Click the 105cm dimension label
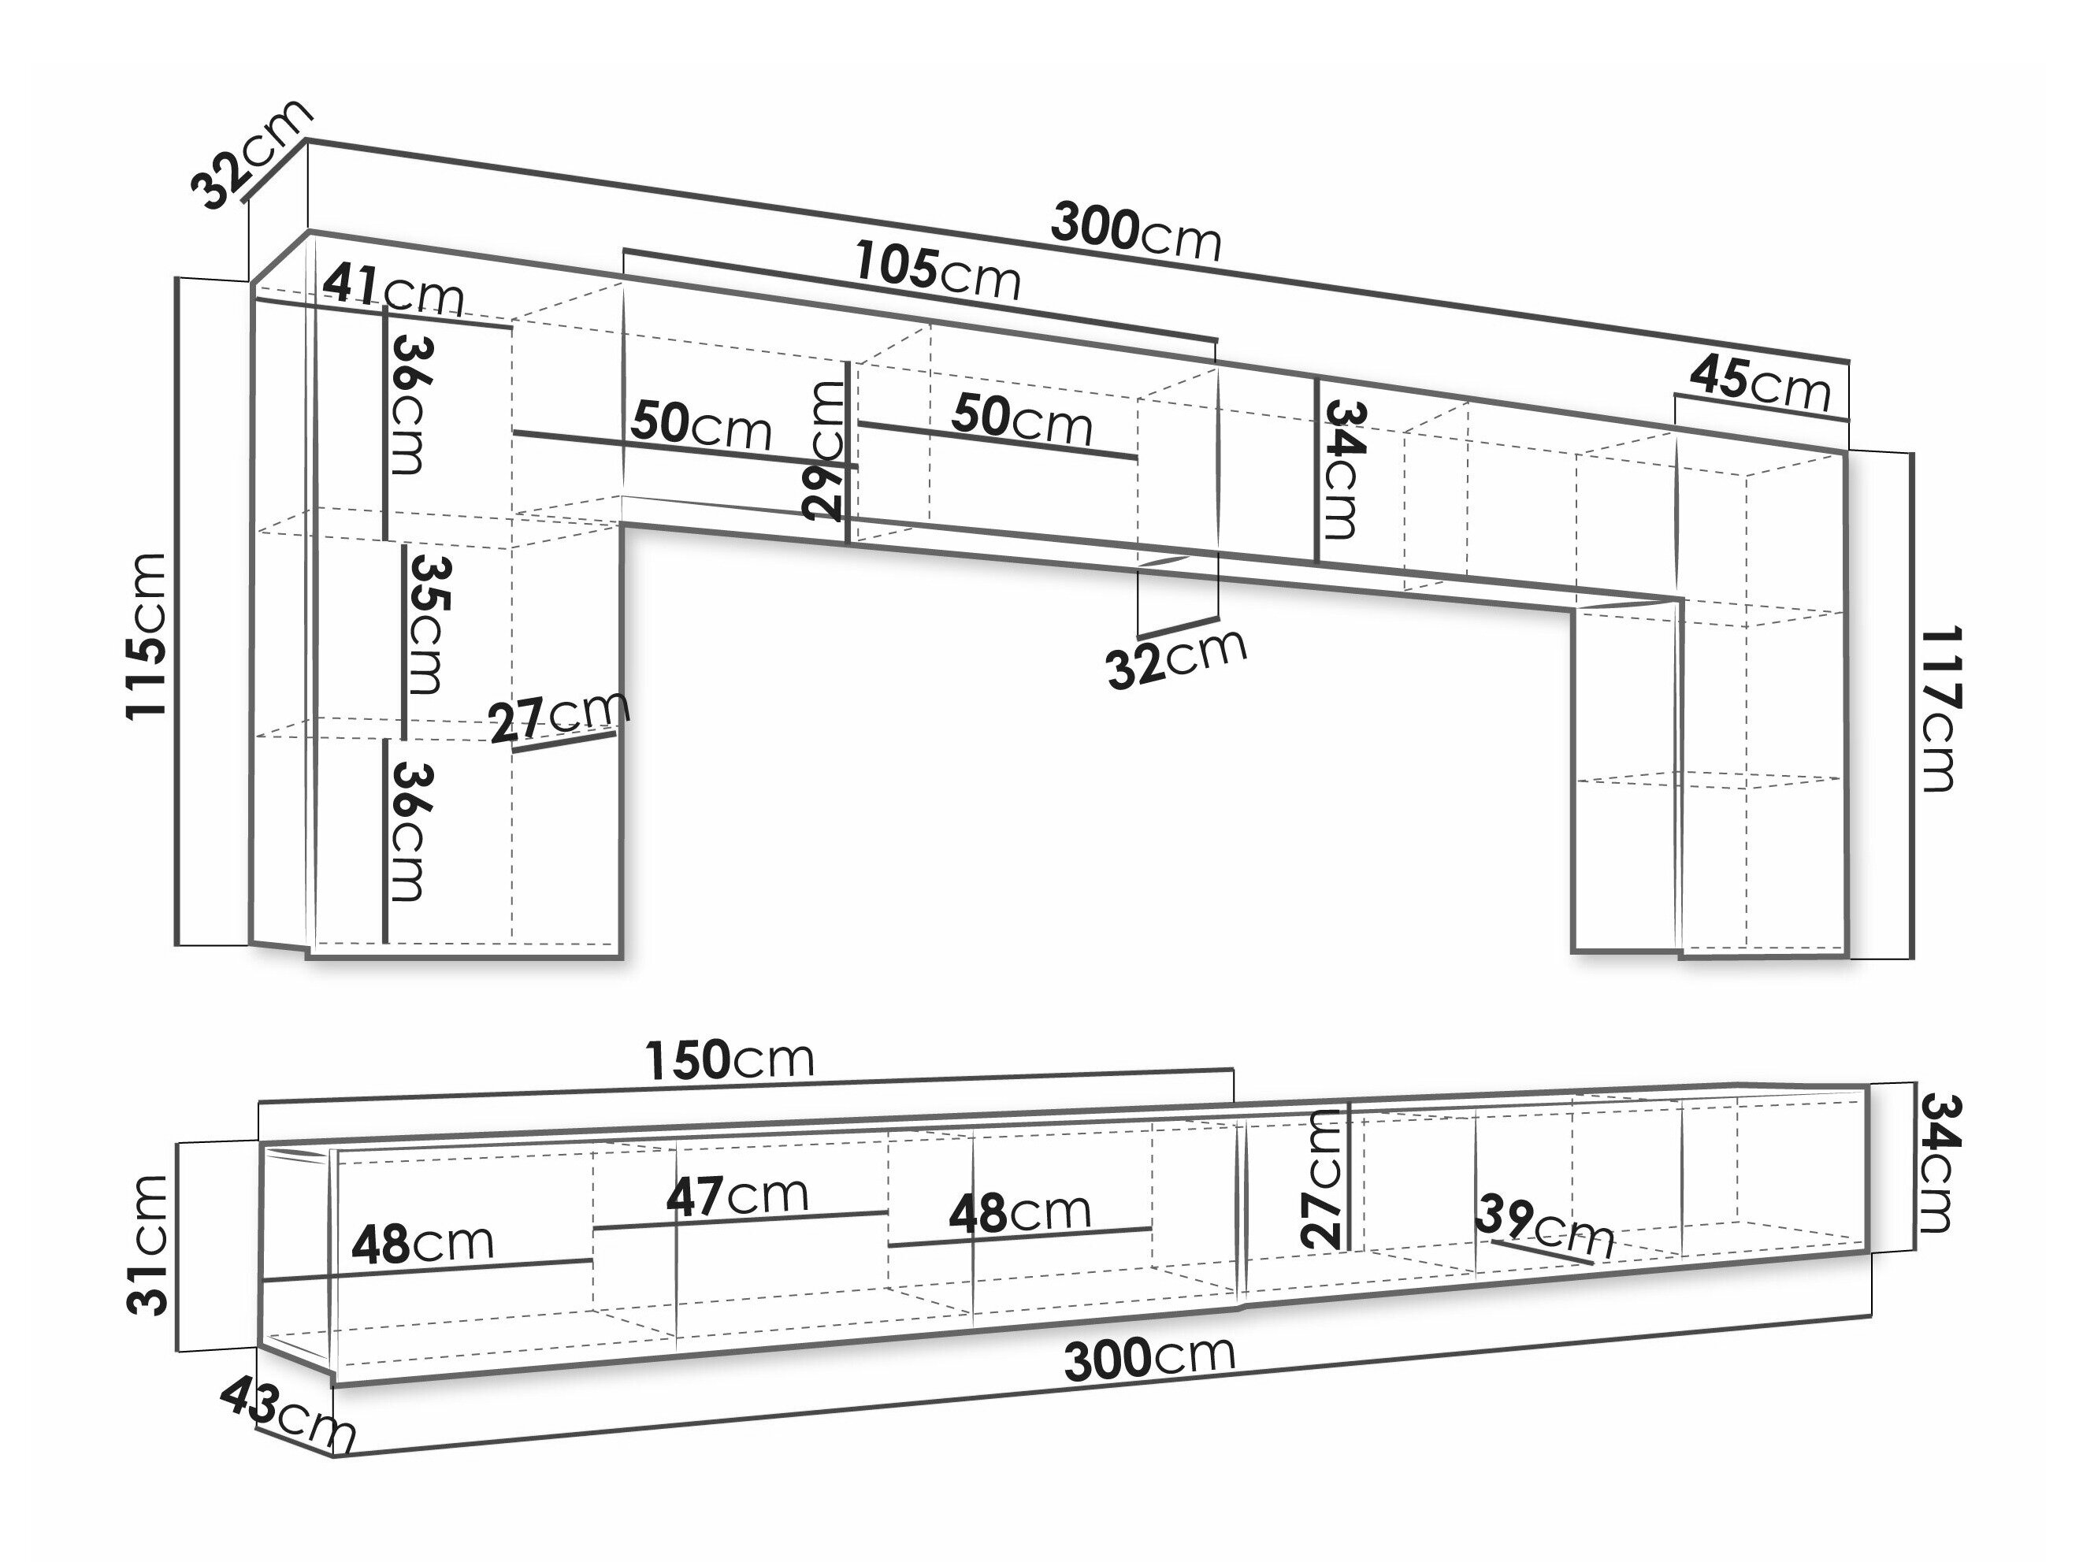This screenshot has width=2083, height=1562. pyautogui.click(x=938, y=271)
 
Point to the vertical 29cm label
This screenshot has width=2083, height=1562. pyautogui.click(x=826, y=450)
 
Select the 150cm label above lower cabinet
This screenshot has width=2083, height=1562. pyautogui.click(x=729, y=1060)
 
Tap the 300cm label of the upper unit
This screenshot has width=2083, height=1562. pyautogui.click(x=1136, y=232)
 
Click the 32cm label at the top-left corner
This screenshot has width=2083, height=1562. pyautogui.click(x=251, y=154)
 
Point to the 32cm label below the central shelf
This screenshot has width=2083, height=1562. pyautogui.click(x=1177, y=659)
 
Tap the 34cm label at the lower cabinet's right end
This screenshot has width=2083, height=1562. pyautogui.click(x=1938, y=1163)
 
